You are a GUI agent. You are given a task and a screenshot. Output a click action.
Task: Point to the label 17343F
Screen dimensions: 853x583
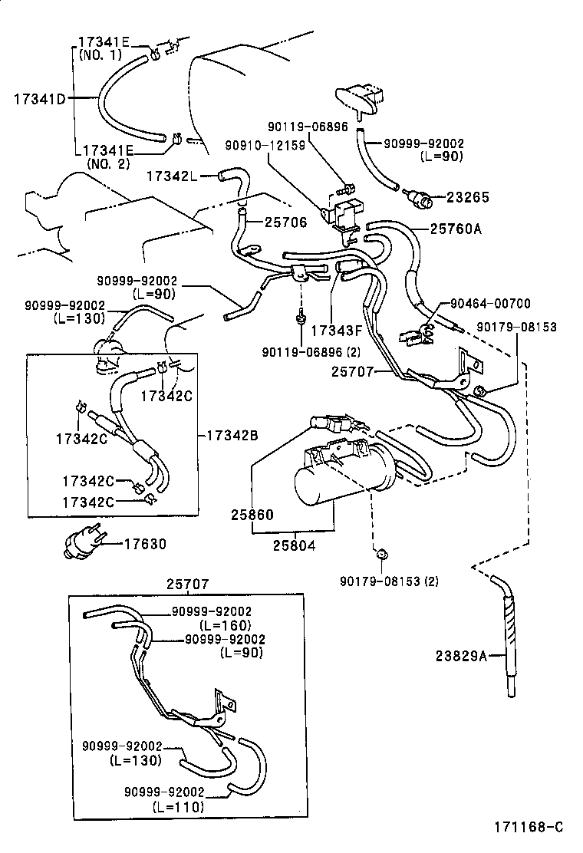click(336, 331)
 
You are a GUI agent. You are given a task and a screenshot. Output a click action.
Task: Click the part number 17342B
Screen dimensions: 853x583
click(232, 436)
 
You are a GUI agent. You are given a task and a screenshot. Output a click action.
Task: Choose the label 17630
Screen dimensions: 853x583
click(145, 544)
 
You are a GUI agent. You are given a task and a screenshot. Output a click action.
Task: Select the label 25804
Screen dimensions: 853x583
click(295, 544)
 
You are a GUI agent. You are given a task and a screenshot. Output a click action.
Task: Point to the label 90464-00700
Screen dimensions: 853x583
click(491, 304)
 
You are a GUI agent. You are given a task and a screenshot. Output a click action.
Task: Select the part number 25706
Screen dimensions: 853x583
click(285, 222)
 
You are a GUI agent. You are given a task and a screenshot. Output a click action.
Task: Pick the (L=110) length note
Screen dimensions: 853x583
click(178, 807)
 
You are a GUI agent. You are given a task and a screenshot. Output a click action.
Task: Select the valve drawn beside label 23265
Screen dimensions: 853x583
click(421, 199)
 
